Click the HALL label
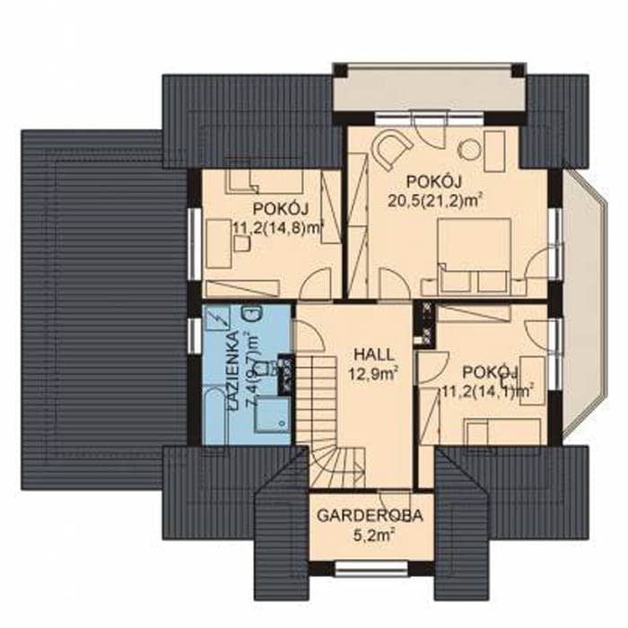click(x=374, y=355)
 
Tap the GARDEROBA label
click(x=370, y=516)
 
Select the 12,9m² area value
click(x=372, y=374)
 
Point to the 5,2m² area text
click(x=371, y=536)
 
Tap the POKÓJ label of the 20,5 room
click(x=434, y=181)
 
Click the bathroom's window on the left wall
click(x=195, y=336)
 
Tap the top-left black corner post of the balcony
click(x=340, y=70)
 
